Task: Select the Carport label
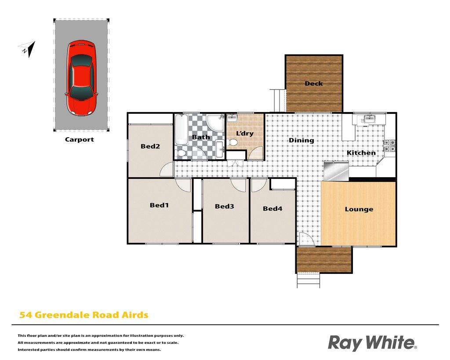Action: pyautogui.click(x=80, y=139)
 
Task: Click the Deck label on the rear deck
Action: pyautogui.click(x=314, y=84)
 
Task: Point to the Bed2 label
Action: pyautogui.click(x=150, y=146)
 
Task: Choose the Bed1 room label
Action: pyautogui.click(x=159, y=205)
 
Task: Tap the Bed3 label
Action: pyautogui.click(x=225, y=207)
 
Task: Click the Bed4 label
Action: pyautogui.click(x=272, y=209)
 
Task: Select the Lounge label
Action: pyautogui.click(x=359, y=209)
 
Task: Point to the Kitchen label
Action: pyautogui.click(x=361, y=153)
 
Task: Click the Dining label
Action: pyautogui.click(x=301, y=140)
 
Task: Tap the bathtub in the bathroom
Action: pyautogui.click(x=181, y=130)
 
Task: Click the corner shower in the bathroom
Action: pyautogui.click(x=215, y=123)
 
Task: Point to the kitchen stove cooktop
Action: pyautogui.click(x=389, y=146)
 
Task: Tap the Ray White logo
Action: pyautogui.click(x=372, y=343)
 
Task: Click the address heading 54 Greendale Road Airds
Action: pyautogui.click(x=84, y=315)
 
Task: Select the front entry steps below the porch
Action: pyautogui.click(x=308, y=280)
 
